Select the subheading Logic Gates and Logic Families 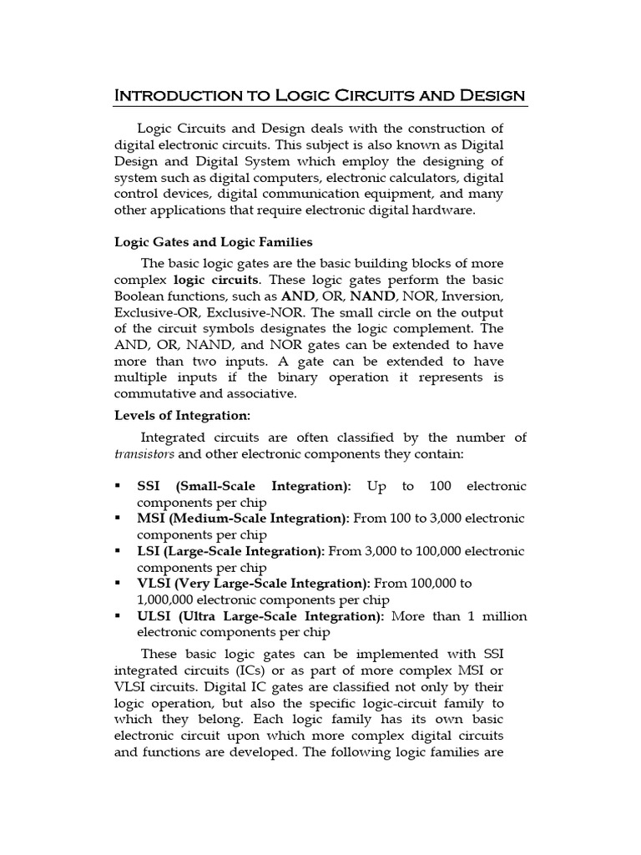[x=213, y=242]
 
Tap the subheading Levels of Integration [x=182, y=415]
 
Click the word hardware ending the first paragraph [x=444, y=210]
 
